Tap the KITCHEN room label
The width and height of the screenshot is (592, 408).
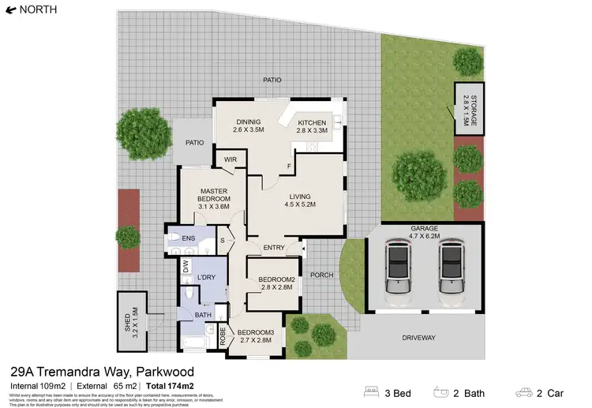[x=311, y=122]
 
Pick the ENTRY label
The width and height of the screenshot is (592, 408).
[x=274, y=248]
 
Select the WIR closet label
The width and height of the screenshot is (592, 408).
[x=230, y=159]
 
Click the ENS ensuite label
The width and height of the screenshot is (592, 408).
[x=188, y=238]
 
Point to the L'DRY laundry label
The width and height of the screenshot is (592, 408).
[x=207, y=278]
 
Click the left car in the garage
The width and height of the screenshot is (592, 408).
[x=400, y=269]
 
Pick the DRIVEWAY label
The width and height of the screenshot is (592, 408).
[x=418, y=338]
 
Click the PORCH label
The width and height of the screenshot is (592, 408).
[x=320, y=275]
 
